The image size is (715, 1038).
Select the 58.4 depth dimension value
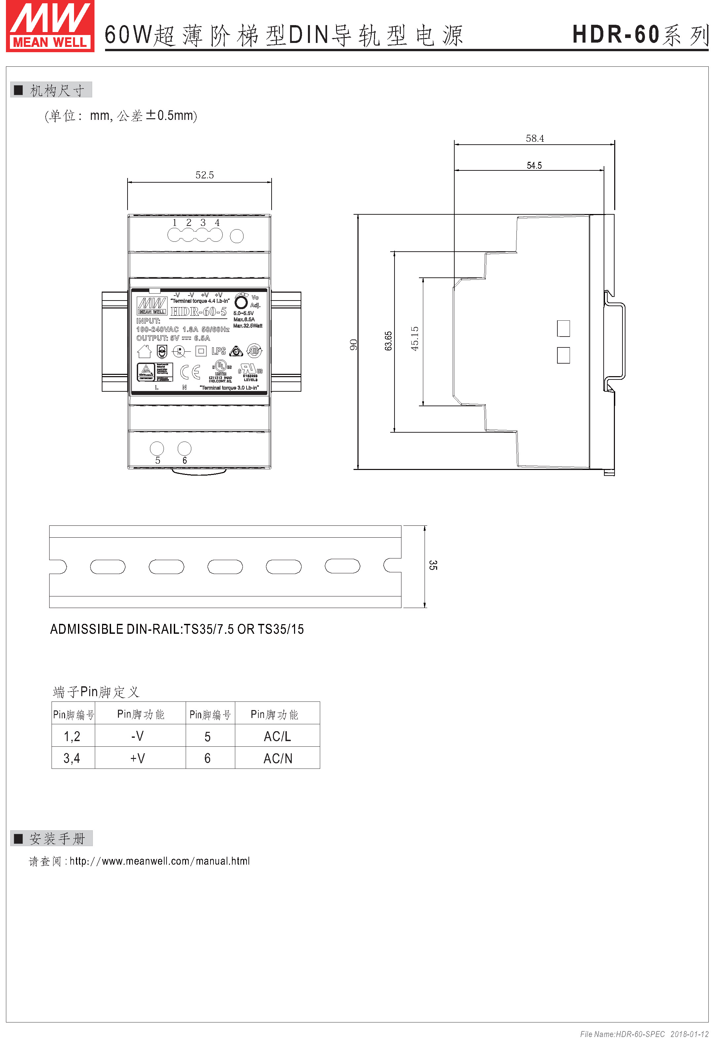[535, 138]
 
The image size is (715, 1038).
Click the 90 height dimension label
[354, 344]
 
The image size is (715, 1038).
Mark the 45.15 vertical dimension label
[415, 338]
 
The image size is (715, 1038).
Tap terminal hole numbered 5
[157, 448]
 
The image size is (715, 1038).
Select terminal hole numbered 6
[185, 448]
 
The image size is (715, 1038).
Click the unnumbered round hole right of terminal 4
[237, 236]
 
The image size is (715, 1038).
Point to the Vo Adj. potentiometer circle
[241, 302]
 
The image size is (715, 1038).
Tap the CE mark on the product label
[190, 372]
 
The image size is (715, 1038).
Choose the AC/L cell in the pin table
[277, 736]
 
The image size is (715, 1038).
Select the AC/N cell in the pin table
[278, 758]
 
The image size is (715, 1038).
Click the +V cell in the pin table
[137, 758]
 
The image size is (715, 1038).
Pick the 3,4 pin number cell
[72, 758]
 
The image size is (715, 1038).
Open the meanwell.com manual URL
[160, 861]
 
